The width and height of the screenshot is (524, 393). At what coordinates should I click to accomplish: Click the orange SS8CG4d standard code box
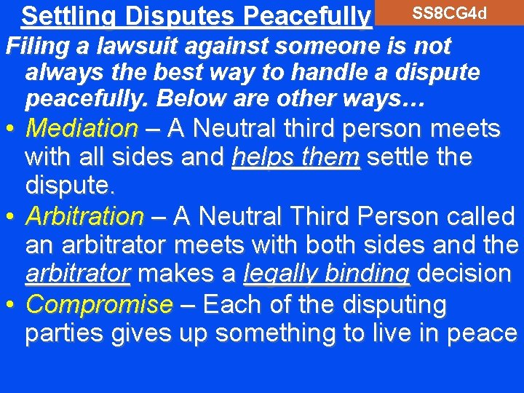click(448, 13)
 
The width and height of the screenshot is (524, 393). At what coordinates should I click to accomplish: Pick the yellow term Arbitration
click(84, 216)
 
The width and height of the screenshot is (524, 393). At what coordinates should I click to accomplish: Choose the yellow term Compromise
click(99, 304)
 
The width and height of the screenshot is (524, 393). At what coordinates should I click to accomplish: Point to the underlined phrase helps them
click(295, 157)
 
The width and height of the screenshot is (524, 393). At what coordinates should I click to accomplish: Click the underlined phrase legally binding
click(327, 274)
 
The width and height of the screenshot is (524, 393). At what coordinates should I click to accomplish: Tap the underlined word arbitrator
click(78, 274)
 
